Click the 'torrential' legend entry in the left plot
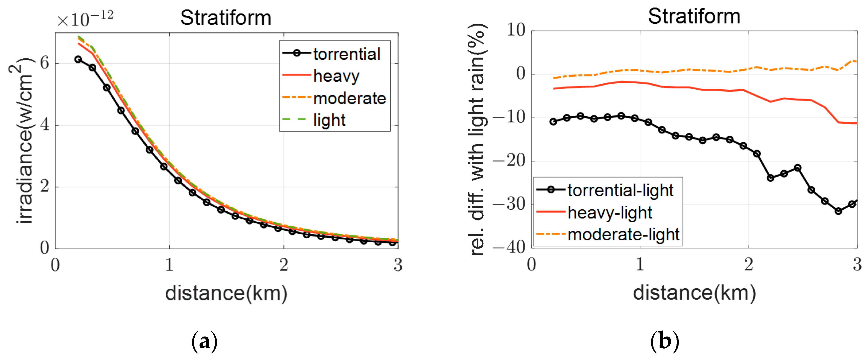346,54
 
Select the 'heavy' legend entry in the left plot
336,76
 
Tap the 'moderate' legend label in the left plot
349,98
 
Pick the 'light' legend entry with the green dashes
329,120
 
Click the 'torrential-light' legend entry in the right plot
620,190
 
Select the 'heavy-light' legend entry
609,213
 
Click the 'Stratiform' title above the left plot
225,18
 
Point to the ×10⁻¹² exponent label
85,19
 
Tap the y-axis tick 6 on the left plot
44,63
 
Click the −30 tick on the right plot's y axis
509,204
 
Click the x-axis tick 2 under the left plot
284,265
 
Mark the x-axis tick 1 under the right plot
640,265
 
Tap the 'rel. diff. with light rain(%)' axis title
477,140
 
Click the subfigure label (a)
204,341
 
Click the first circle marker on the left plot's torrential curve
78,60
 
